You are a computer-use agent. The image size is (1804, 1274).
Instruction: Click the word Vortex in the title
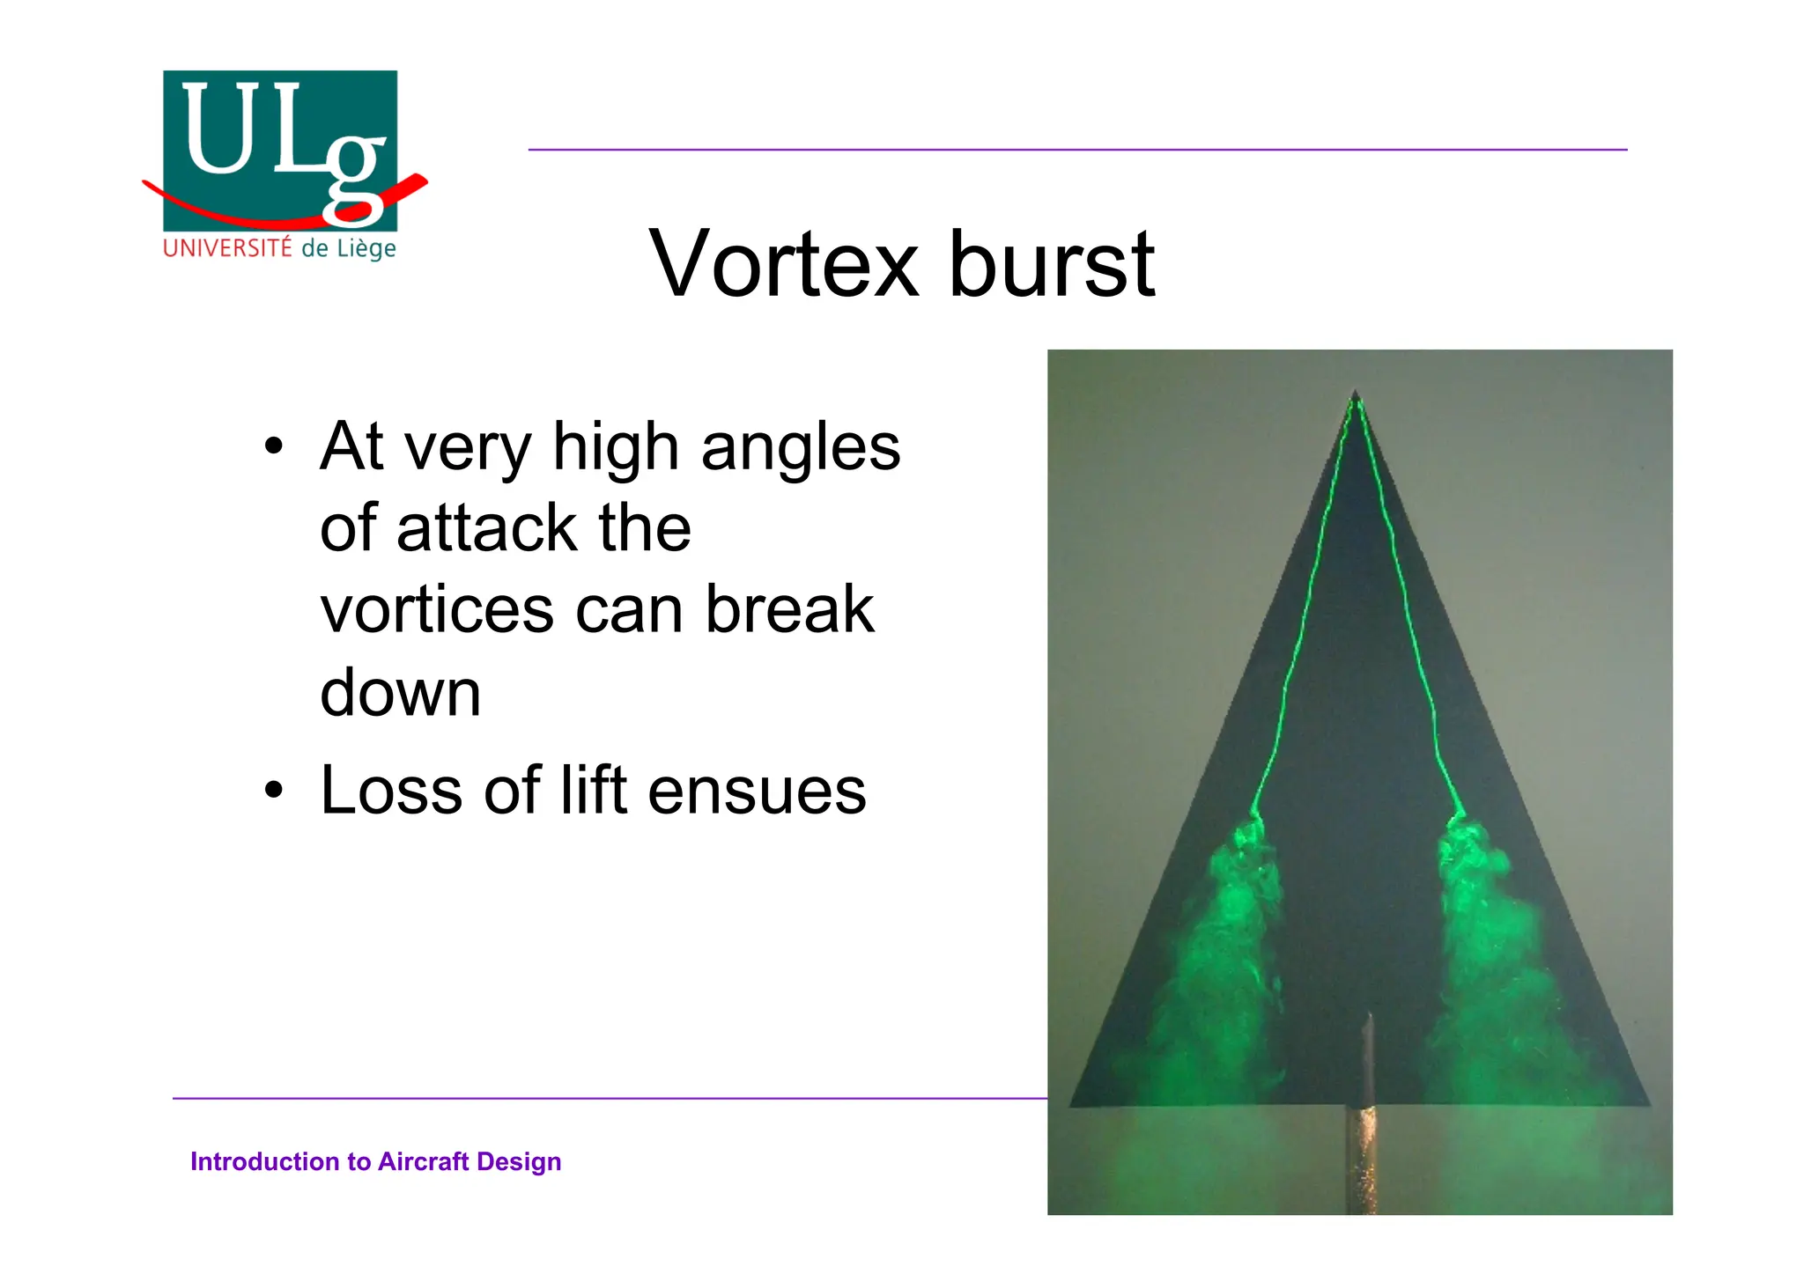(x=783, y=263)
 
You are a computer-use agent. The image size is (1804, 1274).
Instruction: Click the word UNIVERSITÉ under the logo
(x=227, y=248)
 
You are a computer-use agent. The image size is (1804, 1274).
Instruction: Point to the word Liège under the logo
(x=364, y=249)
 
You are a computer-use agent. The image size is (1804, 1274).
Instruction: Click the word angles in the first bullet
(x=801, y=447)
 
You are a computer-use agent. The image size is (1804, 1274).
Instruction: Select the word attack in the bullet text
(x=487, y=528)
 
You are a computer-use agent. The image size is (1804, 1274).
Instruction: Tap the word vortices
(x=437, y=609)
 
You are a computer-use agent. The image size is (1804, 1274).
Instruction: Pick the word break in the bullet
(x=789, y=609)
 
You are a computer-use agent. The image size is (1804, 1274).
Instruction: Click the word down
(x=400, y=692)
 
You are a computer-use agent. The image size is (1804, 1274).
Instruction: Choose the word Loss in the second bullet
(x=391, y=790)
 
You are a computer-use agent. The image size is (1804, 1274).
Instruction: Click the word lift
(x=593, y=790)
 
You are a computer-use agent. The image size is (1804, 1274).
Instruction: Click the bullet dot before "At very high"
(x=274, y=446)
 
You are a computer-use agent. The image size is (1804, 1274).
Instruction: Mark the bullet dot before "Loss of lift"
(x=274, y=790)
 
